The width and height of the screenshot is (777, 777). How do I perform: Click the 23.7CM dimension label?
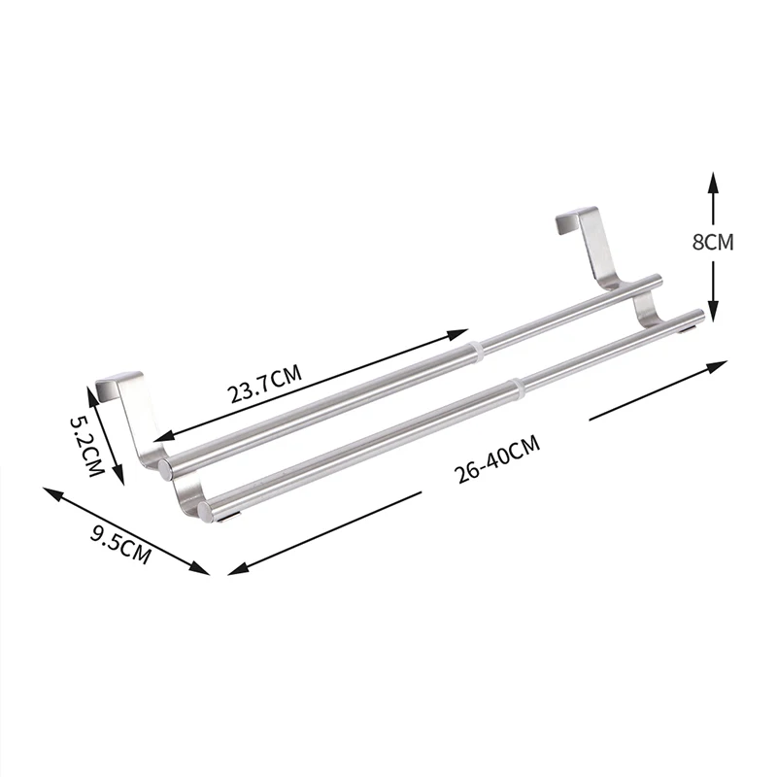point(264,384)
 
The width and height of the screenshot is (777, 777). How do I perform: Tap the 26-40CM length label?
point(497,458)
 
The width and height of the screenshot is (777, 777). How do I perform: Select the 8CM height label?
point(713,242)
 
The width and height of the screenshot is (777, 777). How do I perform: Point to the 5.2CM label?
point(87,446)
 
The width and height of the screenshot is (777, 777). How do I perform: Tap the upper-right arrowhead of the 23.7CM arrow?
point(458,333)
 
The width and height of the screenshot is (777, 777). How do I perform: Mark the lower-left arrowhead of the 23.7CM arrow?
point(163,436)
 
